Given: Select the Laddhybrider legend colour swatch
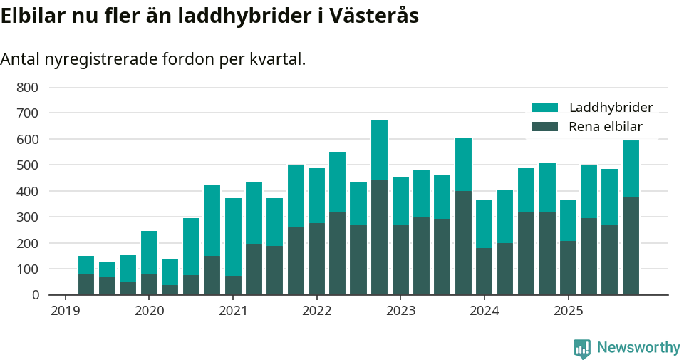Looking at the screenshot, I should coord(545,108).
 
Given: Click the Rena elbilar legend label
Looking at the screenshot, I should coord(606,127).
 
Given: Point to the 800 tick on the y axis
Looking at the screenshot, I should coord(28,88).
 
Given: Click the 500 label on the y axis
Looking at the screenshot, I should coord(28,165).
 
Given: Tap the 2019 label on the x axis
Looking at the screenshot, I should coord(65,312).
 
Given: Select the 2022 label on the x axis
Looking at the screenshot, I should coord(316,312).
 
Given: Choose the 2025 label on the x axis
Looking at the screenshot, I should coord(568,312).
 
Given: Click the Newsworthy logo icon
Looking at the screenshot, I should coord(582,349).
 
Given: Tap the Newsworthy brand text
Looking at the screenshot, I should coord(638,348).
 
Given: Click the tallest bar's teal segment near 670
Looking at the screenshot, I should coord(379,150).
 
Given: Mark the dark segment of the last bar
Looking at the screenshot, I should coord(631,246).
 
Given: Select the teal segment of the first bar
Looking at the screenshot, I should coord(86,264).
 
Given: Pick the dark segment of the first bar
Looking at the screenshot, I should coord(86,284).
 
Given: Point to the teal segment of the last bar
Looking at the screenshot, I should coord(631,168).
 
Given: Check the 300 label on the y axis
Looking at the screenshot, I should coord(28,217).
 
